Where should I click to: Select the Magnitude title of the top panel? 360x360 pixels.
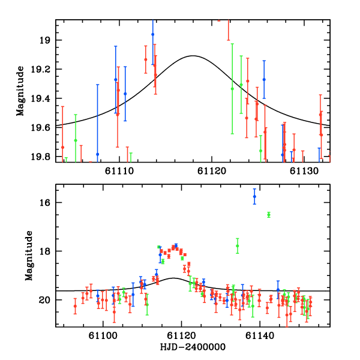(x=20, y=91)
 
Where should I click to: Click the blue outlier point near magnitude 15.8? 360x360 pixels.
(x=254, y=196)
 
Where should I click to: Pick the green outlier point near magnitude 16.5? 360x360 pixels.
(x=269, y=215)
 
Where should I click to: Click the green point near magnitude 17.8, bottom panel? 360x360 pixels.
(x=238, y=245)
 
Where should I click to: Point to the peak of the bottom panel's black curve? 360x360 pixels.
(x=174, y=278)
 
